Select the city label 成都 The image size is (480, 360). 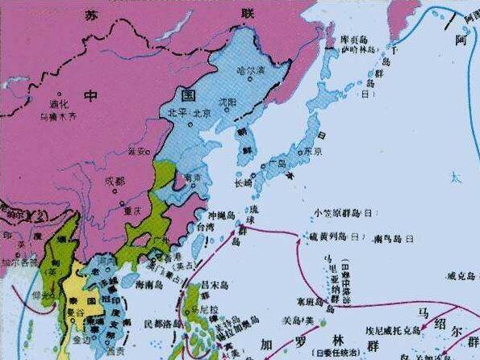pyautogui.click(x=115, y=182)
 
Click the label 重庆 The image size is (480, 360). pyautogui.click(x=132, y=210)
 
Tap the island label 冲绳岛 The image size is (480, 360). pyautogui.click(x=221, y=216)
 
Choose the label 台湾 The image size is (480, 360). pyautogui.click(x=198, y=228)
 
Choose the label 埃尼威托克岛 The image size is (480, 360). pyautogui.click(x=391, y=329)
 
